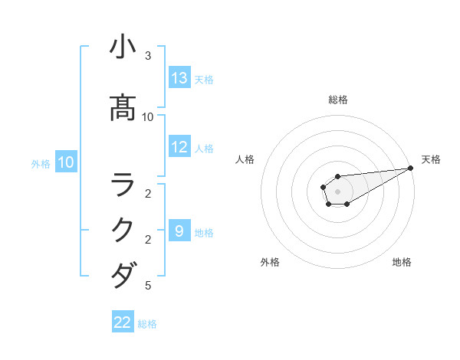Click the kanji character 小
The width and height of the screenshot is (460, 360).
coord(123,47)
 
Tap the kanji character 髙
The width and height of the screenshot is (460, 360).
coord(123,109)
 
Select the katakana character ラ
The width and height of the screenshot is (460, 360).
coord(123,185)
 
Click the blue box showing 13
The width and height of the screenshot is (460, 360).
coord(179,77)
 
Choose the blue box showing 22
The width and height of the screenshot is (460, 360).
coord(123,322)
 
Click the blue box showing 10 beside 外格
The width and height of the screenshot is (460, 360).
coord(65,162)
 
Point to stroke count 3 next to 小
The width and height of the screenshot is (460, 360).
coord(148,56)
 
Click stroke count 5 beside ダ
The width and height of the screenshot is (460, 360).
coord(148,286)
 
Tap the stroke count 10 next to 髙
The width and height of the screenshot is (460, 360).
coord(148,116)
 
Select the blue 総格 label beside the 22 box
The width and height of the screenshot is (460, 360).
coord(147,324)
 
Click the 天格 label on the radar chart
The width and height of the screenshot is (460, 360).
coord(431,159)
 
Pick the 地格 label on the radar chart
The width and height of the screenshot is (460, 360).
coord(402,262)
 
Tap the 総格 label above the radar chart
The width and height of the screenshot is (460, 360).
coord(338,100)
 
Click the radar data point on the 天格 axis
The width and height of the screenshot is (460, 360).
coord(411,168)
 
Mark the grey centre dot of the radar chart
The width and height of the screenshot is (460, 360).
coord(338,191)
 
